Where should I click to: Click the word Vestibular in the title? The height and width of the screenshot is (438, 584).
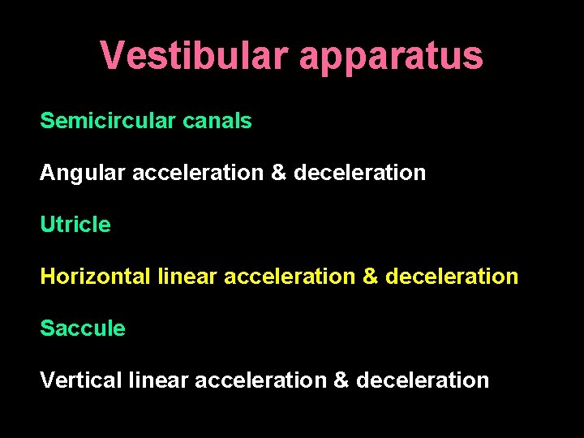pyautogui.click(x=193, y=56)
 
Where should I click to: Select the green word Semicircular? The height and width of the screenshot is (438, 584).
pyautogui.click(x=107, y=121)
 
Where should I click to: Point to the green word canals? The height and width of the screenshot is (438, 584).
pyautogui.click(x=217, y=121)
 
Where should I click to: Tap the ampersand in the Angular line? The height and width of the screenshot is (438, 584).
pyautogui.click(x=279, y=173)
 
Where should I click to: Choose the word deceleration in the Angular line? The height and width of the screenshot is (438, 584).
pyautogui.click(x=359, y=173)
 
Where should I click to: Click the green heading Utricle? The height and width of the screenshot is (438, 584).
pyautogui.click(x=75, y=225)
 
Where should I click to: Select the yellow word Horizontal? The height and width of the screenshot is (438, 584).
pyautogui.click(x=95, y=277)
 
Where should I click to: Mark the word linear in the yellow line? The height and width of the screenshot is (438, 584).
pyautogui.click(x=187, y=277)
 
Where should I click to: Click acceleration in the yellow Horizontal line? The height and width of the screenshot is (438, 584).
pyautogui.click(x=290, y=277)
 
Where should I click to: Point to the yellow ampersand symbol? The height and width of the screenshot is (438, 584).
pyautogui.click(x=371, y=277)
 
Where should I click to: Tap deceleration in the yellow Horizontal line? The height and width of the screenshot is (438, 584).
pyautogui.click(x=452, y=277)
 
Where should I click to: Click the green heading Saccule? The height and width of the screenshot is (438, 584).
pyautogui.click(x=83, y=328)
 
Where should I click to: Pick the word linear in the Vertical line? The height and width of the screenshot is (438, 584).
pyautogui.click(x=157, y=380)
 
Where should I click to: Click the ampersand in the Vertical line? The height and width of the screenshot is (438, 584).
pyautogui.click(x=341, y=380)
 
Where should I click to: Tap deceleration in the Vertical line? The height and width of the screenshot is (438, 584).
pyautogui.click(x=423, y=380)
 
